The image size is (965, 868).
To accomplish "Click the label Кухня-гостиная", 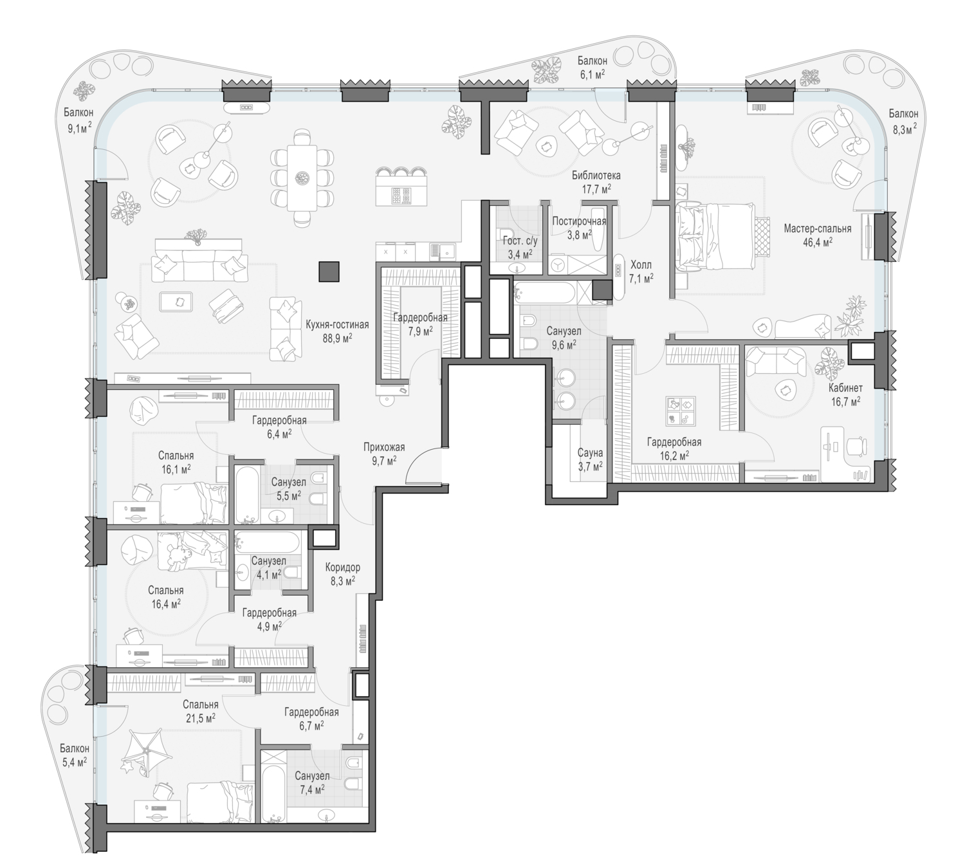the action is pyautogui.click(x=337, y=325).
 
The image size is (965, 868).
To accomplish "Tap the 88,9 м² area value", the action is pyautogui.click(x=337, y=338).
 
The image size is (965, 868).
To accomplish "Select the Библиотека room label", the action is pyautogui.click(x=596, y=175).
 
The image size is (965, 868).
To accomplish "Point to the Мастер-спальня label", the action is pyautogui.click(x=817, y=228).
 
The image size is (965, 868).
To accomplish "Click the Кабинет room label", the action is pyautogui.click(x=845, y=388).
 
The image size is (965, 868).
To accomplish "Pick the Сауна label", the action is pyautogui.click(x=590, y=453).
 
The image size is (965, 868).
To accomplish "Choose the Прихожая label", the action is pyautogui.click(x=384, y=447).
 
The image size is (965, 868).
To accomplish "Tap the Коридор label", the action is pyautogui.click(x=342, y=568).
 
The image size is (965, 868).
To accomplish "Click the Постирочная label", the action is pyautogui.click(x=579, y=221).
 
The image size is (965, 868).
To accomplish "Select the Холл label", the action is pyautogui.click(x=641, y=264).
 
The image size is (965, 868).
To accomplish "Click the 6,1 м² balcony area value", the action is pyautogui.click(x=591, y=74).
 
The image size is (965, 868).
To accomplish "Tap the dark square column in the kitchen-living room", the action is pyautogui.click(x=329, y=272).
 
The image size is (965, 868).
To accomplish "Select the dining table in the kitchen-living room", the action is pyautogui.click(x=302, y=178).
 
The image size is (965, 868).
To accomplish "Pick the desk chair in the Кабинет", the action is pyautogui.click(x=856, y=445).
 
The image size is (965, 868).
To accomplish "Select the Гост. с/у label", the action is pyautogui.click(x=520, y=241).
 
